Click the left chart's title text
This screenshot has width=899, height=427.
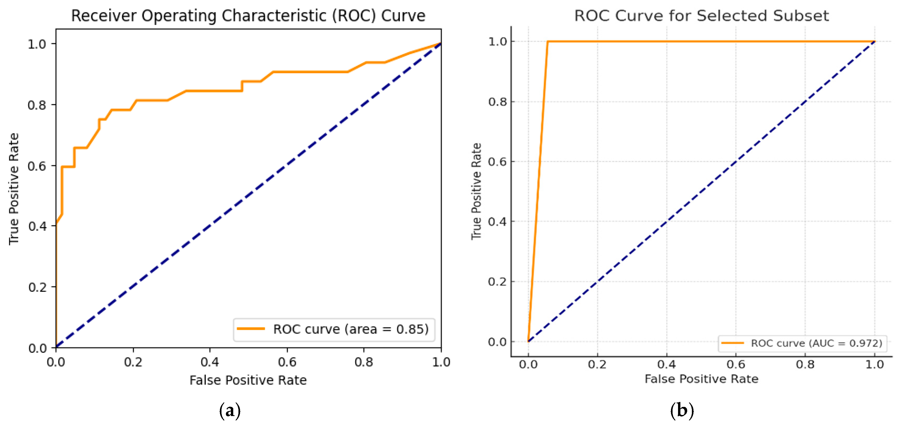248,16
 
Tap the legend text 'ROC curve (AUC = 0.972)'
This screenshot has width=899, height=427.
816,343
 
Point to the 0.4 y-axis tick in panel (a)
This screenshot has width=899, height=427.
37,226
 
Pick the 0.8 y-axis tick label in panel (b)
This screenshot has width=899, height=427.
497,102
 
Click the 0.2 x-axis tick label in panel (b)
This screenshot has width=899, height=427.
597,365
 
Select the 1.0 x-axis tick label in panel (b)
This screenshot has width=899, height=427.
874,365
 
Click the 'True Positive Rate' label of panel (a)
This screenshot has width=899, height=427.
14,189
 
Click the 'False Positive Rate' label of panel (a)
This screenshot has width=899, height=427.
248,380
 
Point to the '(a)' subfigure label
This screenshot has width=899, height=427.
230,411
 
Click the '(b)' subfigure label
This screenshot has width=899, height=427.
682,411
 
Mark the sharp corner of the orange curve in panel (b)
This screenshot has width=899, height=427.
547,41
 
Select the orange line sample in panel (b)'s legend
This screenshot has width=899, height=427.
733,343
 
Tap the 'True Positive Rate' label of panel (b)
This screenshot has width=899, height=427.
476,191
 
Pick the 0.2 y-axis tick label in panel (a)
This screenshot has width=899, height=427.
37,287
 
